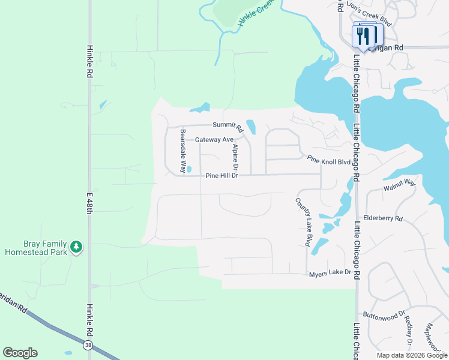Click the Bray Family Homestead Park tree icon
click(76, 247)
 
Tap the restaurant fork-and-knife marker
click(364, 35)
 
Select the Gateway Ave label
click(214, 140)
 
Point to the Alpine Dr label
click(235, 155)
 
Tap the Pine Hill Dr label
click(222, 176)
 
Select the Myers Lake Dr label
click(330, 273)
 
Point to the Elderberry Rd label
click(382, 218)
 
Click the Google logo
click(20, 353)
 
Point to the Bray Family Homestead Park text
click(36, 248)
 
